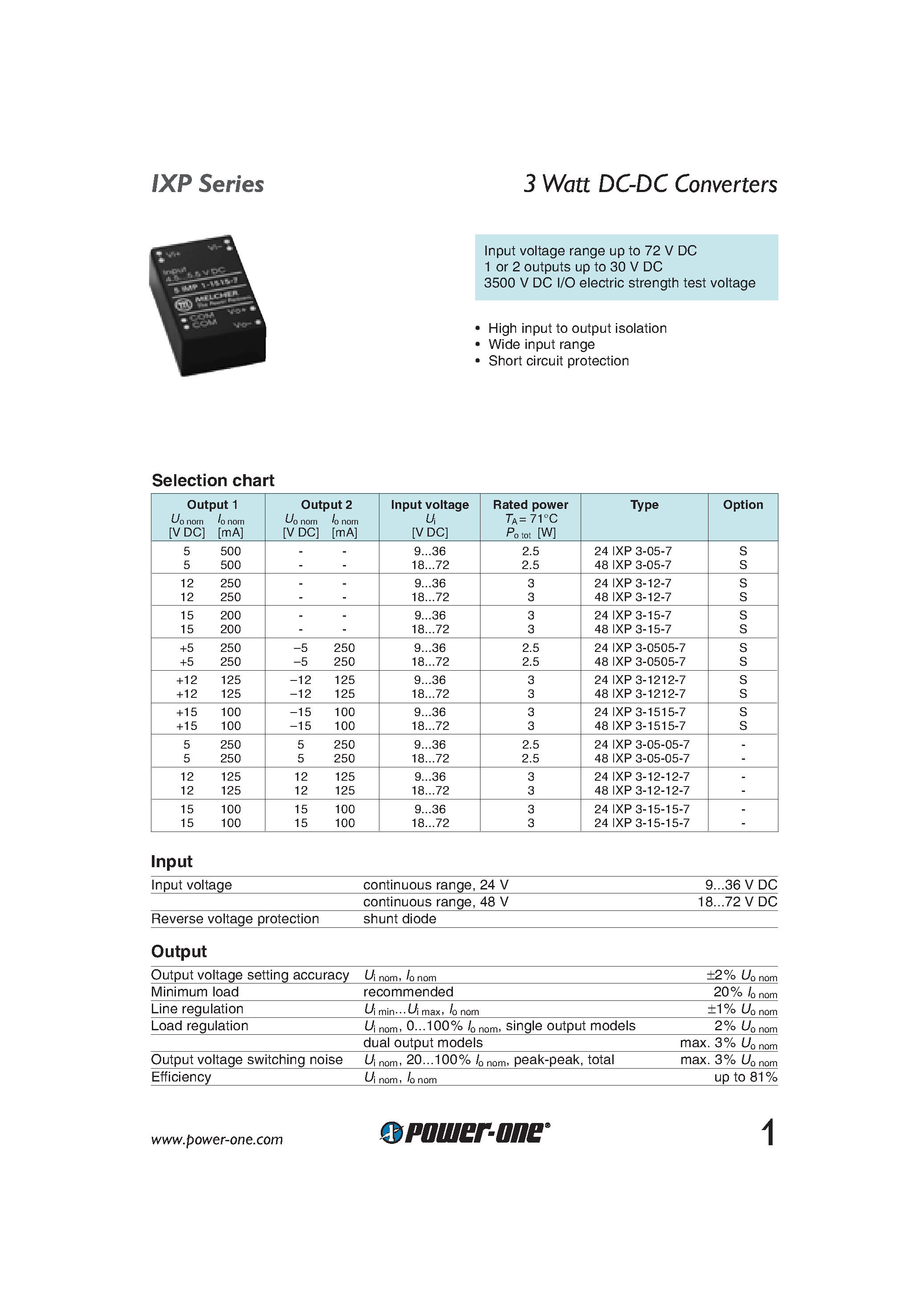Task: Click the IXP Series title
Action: tap(208, 184)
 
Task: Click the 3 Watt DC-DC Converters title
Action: tap(650, 184)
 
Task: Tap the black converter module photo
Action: tap(208, 305)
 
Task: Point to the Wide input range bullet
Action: tap(541, 344)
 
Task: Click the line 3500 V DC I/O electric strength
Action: tap(619, 283)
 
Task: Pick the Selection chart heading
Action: tap(213, 481)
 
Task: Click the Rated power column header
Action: tap(530, 505)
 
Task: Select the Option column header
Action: tap(742, 505)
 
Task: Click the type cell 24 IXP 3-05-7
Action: tap(632, 551)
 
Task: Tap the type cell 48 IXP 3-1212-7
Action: tap(640, 694)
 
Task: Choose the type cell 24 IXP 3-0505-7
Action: tap(640, 648)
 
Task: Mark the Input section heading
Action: tap(172, 861)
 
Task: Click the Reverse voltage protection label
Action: tap(235, 919)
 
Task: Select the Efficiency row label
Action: tap(181, 1077)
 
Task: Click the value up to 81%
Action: tap(745, 1077)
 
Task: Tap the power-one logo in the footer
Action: tap(464, 1133)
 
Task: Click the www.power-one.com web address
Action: tap(217, 1139)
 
